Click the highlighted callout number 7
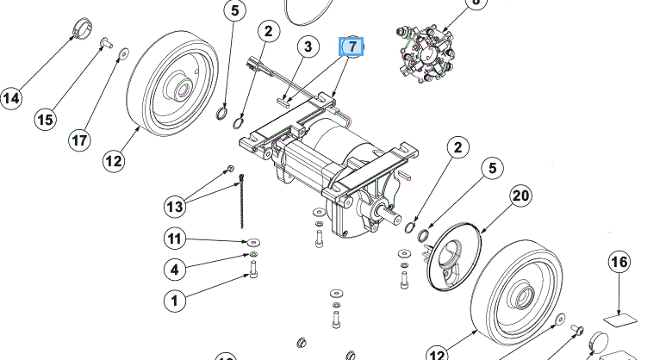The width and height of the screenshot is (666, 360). coord(353,46)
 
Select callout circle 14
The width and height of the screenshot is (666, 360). coord(10,99)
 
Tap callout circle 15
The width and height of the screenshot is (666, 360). coord(47,118)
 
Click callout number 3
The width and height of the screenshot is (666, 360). coord(307,46)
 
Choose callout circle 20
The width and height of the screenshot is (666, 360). coord(520,196)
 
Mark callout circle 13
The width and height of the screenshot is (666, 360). coord(175,206)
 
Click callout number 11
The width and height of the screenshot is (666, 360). coord(175,239)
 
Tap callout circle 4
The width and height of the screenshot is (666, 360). coord(175,270)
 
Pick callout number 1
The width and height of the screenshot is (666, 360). coord(175,301)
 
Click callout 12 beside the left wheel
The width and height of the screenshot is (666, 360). coord(114,160)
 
